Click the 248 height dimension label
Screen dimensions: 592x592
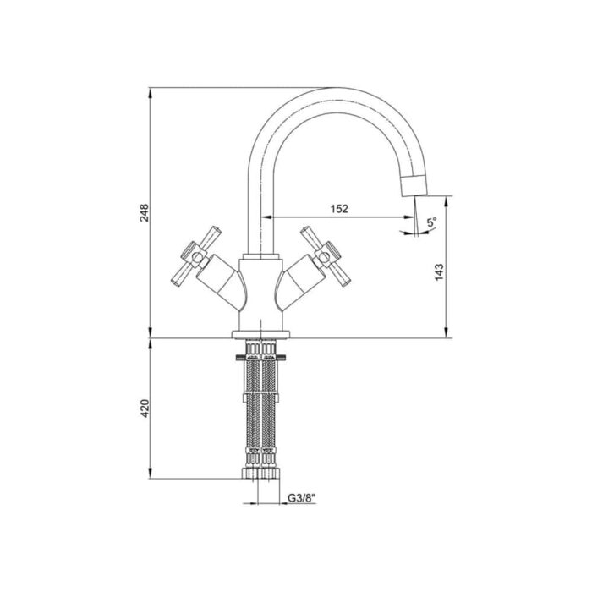[145, 212]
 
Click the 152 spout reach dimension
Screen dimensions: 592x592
[339, 208]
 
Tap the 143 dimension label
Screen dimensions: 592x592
[439, 271]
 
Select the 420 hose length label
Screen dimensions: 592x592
[145, 408]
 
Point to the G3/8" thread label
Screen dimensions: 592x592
[301, 498]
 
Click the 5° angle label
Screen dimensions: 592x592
[431, 222]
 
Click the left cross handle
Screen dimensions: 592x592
[195, 256]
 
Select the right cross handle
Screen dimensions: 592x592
[326, 256]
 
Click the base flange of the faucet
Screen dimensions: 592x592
[260, 334]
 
